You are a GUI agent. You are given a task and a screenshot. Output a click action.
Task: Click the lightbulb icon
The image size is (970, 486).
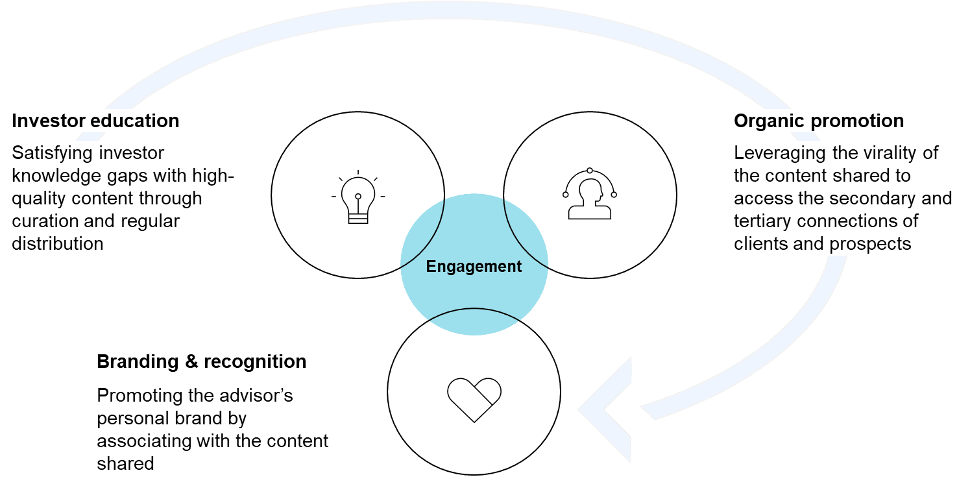358,199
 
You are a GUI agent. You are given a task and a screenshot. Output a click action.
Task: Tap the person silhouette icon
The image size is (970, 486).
589,194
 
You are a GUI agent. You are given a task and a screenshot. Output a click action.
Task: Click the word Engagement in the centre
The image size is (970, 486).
474,266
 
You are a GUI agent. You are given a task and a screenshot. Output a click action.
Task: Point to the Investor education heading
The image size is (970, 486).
95,121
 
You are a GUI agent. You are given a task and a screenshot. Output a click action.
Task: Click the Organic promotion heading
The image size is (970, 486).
819,121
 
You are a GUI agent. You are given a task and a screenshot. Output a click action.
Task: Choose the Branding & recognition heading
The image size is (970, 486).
201,361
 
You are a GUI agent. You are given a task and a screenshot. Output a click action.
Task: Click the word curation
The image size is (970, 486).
43,221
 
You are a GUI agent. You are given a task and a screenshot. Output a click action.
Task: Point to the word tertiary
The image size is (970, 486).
763,221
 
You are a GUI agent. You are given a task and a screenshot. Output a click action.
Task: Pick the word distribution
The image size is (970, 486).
58,244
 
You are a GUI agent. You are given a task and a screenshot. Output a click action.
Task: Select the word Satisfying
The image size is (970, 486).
52,154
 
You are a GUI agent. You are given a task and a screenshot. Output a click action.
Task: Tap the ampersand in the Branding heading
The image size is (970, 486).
191,361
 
